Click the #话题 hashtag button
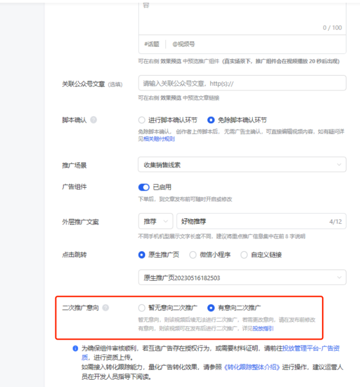click(151, 44)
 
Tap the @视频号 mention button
click(184, 44)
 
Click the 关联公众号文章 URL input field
click(242, 83)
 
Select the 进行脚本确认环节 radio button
click(142, 120)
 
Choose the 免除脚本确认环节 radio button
click(211, 120)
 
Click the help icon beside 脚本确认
click(94, 120)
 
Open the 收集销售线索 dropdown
click(242, 165)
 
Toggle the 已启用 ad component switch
click(144, 187)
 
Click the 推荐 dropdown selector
click(155, 222)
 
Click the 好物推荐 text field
click(249, 222)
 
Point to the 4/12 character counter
click(335, 222)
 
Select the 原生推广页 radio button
click(142, 255)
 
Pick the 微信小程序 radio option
click(193, 255)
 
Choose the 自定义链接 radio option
click(244, 255)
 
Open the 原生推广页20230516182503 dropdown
click(242, 277)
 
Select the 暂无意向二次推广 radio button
click(142, 308)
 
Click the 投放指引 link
click(263, 328)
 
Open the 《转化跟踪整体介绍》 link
click(252, 367)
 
